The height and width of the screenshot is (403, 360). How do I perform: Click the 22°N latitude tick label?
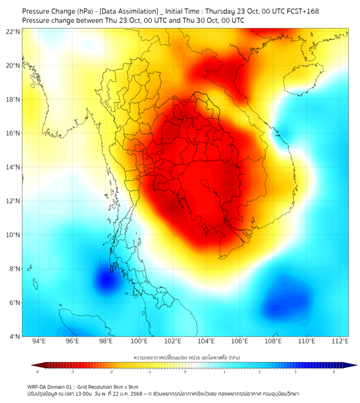coord(13,31)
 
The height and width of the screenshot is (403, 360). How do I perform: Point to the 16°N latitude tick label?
coord(13,133)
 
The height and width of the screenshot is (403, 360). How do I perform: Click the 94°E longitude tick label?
coord(39,342)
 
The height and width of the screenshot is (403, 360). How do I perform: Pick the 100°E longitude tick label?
coord(139,342)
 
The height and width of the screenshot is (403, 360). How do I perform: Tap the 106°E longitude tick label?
coord(240,342)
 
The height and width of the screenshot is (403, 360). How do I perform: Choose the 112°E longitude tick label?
coord(340,342)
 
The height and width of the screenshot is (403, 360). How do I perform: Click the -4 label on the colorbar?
coord(37,372)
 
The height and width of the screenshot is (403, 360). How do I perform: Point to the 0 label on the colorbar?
coord(185,372)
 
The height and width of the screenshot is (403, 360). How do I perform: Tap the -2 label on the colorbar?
coord(111,372)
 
